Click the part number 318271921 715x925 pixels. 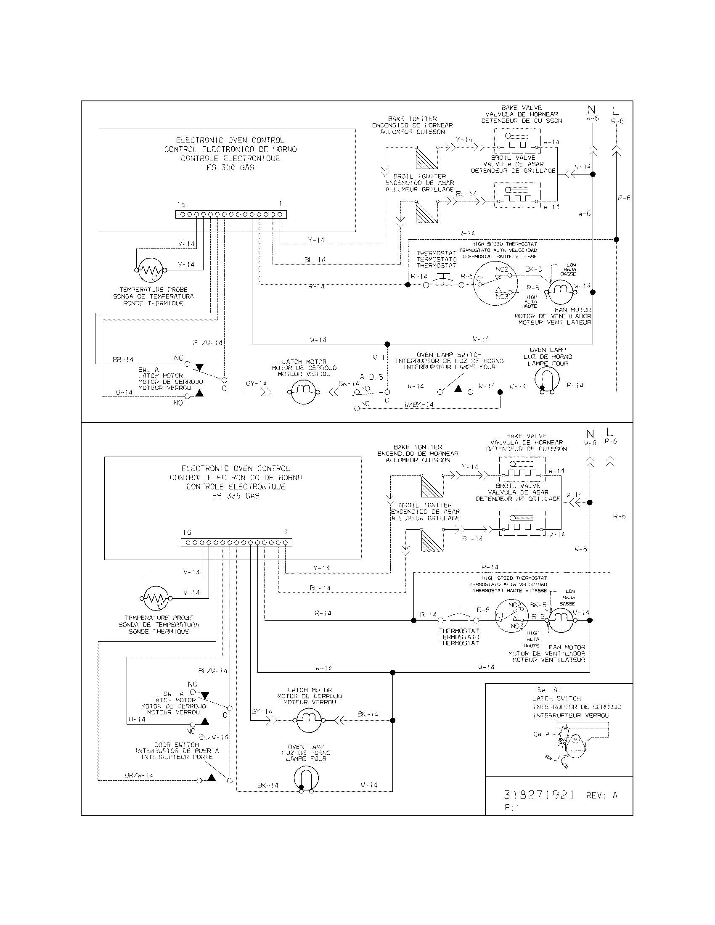coord(539,795)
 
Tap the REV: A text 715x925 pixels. coord(601,795)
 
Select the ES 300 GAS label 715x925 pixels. coord(230,167)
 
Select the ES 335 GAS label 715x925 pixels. coord(236,496)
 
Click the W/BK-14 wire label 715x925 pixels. coord(419,404)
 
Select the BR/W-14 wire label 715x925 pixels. coord(139,775)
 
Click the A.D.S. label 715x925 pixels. coord(373,377)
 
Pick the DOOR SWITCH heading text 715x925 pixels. coord(176,744)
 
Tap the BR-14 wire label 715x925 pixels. coord(123,359)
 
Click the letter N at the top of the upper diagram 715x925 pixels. coord(592,110)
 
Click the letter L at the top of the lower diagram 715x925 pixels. coord(609,432)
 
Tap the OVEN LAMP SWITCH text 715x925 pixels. coord(449,354)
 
